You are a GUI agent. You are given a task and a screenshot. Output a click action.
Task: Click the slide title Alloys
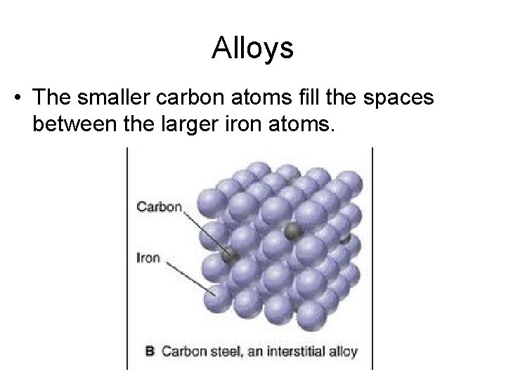[252, 48]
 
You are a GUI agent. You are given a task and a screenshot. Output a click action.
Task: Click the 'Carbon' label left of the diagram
[160, 207]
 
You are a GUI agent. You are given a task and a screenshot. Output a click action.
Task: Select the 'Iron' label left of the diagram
[148, 258]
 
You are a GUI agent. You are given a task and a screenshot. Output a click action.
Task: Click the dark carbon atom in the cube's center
[290, 230]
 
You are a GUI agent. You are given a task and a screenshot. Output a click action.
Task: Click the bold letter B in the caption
[150, 351]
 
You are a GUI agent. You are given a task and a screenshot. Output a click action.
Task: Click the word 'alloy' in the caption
[342, 351]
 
